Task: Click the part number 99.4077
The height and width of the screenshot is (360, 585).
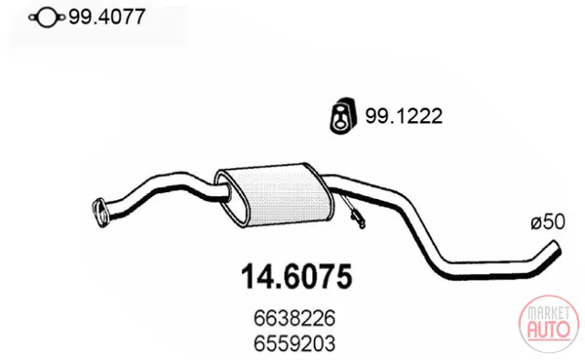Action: tap(106, 17)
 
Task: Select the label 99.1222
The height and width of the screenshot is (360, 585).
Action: tap(404, 116)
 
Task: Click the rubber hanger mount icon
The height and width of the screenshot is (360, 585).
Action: tap(343, 115)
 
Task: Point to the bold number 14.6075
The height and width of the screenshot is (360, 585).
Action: tap(296, 277)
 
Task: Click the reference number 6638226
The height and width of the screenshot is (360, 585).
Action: tap(294, 319)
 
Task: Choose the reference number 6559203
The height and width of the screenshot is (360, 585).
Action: tap(294, 343)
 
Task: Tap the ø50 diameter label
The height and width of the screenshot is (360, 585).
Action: tap(548, 222)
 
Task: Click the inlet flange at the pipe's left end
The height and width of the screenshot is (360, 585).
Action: tap(99, 213)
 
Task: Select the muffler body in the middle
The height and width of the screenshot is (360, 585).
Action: tap(275, 194)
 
